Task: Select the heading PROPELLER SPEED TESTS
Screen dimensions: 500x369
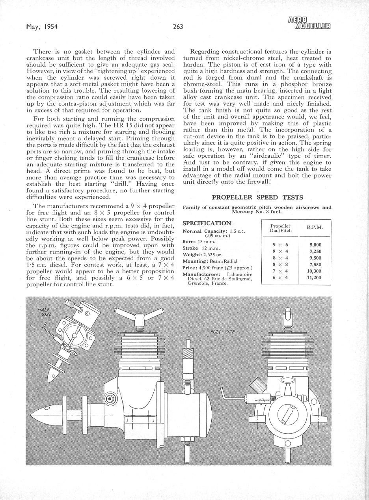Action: click(x=257, y=197)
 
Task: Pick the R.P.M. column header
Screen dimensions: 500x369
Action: click(x=315, y=228)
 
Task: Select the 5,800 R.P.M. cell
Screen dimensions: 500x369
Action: click(x=315, y=245)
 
